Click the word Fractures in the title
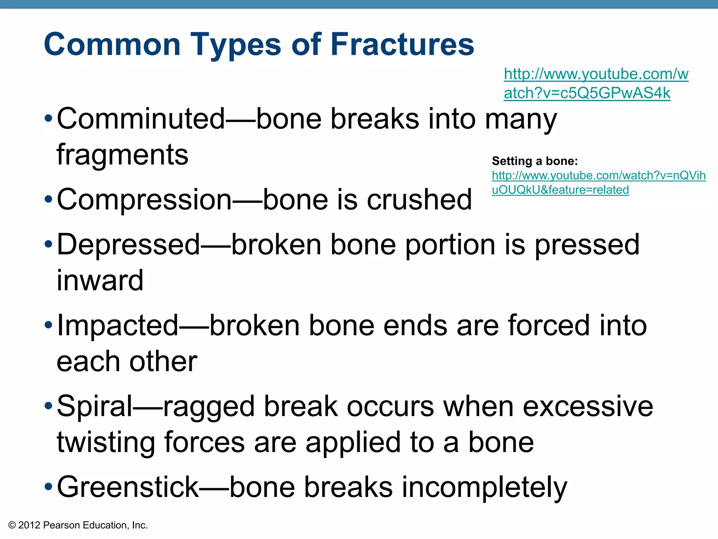click(x=402, y=45)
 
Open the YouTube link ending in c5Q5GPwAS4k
click(x=596, y=84)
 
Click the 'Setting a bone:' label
click(x=535, y=161)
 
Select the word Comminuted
click(x=141, y=119)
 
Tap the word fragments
click(x=122, y=155)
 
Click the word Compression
click(x=144, y=200)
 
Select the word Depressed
click(x=128, y=245)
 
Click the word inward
click(x=100, y=280)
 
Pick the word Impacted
click(x=118, y=326)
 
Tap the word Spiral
click(x=95, y=406)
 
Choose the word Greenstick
click(x=128, y=487)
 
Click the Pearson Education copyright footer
click(x=78, y=525)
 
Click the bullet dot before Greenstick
click(x=48, y=487)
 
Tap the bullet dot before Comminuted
click(x=48, y=119)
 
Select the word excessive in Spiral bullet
click(x=588, y=406)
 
